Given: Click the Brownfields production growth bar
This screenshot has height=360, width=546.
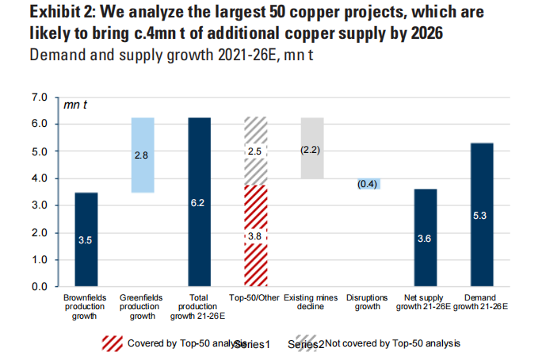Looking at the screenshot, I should point(86,239).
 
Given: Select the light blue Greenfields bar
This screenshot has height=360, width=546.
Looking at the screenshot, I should point(143,155).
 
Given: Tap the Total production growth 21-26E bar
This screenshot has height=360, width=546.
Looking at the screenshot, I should point(199,201).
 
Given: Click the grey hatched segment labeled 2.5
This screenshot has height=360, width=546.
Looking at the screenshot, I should point(255,151).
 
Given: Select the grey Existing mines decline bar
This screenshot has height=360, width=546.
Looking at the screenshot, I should point(311,148).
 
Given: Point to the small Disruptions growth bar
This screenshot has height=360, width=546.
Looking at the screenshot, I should point(368,184).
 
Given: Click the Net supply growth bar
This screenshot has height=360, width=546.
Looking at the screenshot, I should point(425,237).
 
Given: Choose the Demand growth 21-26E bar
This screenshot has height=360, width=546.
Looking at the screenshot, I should point(481,214).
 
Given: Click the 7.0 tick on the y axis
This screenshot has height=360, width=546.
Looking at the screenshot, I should point(39,98).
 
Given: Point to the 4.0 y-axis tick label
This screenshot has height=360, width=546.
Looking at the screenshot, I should point(39,178).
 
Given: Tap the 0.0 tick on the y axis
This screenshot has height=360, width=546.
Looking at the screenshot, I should point(39,286).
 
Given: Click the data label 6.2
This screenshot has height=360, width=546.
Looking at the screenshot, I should point(199,203).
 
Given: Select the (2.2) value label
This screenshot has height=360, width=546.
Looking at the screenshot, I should point(311,149).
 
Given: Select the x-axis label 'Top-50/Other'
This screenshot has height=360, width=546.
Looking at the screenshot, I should point(255,299).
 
